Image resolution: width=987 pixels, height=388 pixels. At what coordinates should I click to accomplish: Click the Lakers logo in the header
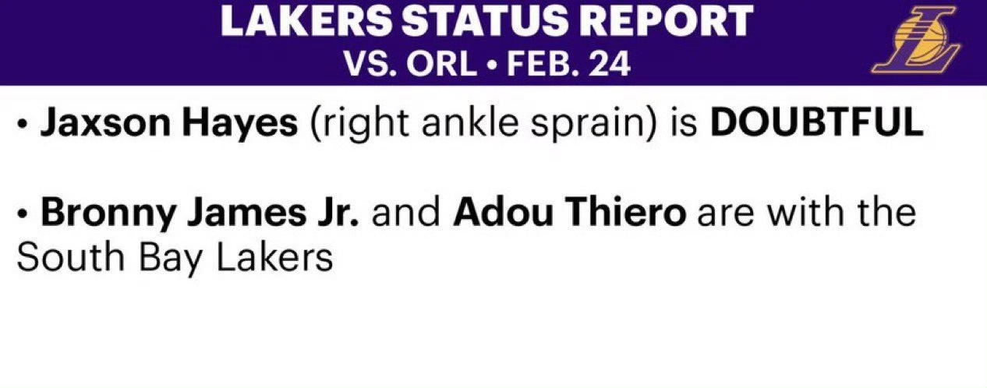tap(916, 40)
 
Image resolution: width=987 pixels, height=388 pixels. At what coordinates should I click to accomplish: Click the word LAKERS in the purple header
tap(306, 21)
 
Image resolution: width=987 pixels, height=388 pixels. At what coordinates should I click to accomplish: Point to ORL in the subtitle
tap(442, 65)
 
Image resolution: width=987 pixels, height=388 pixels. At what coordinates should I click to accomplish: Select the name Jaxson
tap(105, 123)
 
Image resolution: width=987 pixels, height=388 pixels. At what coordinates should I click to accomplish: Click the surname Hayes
tap(239, 124)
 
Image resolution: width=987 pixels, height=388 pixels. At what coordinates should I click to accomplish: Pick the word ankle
tap(470, 122)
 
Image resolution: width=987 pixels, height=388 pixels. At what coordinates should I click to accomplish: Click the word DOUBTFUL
tap(816, 122)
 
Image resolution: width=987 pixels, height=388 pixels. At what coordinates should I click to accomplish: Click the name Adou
tap(503, 212)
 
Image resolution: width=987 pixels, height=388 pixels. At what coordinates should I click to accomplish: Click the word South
tap(70, 257)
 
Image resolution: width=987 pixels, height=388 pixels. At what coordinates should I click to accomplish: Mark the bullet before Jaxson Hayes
tap(21, 125)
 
